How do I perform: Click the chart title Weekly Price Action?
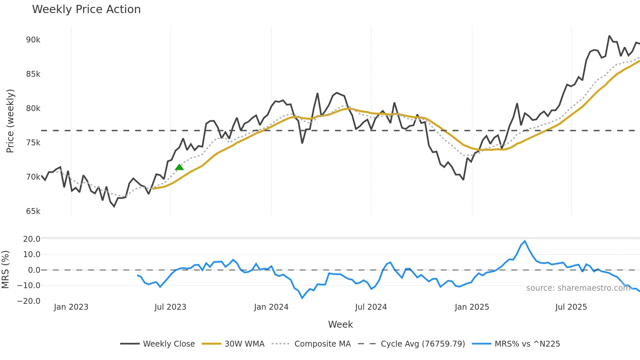point(86,9)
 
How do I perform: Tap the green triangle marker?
point(179,167)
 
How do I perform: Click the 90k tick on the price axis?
point(33,40)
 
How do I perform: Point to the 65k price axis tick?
point(33,211)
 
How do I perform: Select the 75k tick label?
point(33,143)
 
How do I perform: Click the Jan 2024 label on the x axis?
point(271,307)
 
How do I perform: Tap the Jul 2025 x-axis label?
point(571,307)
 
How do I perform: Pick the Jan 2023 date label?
point(71,307)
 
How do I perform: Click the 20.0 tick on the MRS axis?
point(32,239)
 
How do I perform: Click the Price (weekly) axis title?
point(10,121)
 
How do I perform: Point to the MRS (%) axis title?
point(5,270)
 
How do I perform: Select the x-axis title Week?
point(340,324)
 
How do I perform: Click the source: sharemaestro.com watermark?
point(578,288)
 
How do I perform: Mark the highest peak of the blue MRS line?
point(525,241)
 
